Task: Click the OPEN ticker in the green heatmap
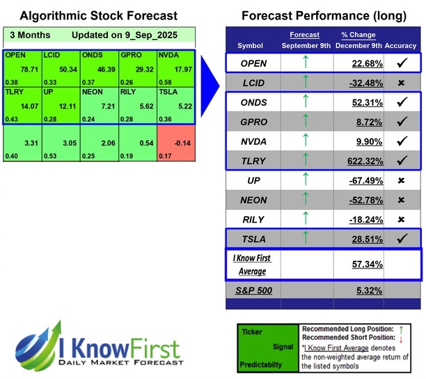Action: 15,54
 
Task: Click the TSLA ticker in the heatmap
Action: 169,92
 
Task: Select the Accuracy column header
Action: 400,45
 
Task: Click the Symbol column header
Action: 251,45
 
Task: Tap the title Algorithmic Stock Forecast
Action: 98,15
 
